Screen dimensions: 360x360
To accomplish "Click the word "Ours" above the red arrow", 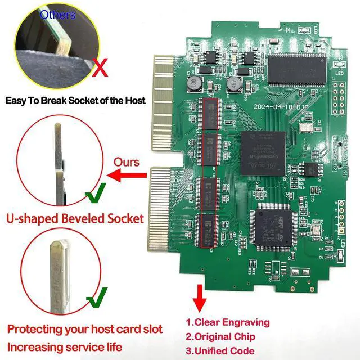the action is pyautogui.click(x=127, y=161).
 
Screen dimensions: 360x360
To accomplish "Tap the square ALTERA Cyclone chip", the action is pyautogui.click(x=263, y=151).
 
